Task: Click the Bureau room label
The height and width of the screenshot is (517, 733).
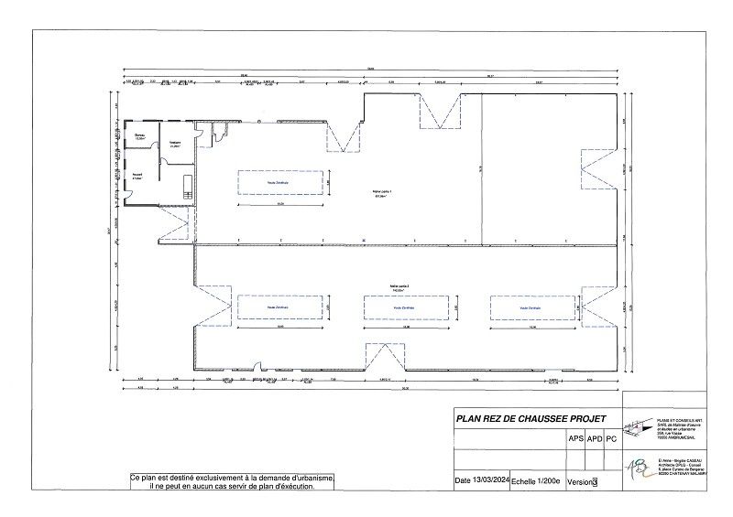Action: [x=141, y=137]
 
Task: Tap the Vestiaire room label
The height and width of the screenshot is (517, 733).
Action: [x=174, y=144]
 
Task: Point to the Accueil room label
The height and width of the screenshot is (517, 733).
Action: [x=136, y=178]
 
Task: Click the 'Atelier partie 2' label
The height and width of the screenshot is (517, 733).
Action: [x=399, y=287]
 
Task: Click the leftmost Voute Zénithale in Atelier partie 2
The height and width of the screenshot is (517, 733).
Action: [x=279, y=308]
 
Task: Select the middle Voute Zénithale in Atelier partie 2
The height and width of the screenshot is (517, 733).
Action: [x=404, y=308]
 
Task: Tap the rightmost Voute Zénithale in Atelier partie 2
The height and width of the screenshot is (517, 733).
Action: [x=530, y=308]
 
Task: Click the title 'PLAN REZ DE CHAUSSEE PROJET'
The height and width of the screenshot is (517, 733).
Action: [x=531, y=418]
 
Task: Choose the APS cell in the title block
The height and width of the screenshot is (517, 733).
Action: [x=576, y=438]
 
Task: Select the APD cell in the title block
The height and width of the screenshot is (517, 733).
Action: [x=596, y=438]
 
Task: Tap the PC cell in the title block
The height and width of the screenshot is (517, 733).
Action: [x=612, y=438]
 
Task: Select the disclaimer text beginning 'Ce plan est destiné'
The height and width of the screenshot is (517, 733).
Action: [x=231, y=482]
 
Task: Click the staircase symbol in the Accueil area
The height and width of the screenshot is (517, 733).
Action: [x=187, y=185]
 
